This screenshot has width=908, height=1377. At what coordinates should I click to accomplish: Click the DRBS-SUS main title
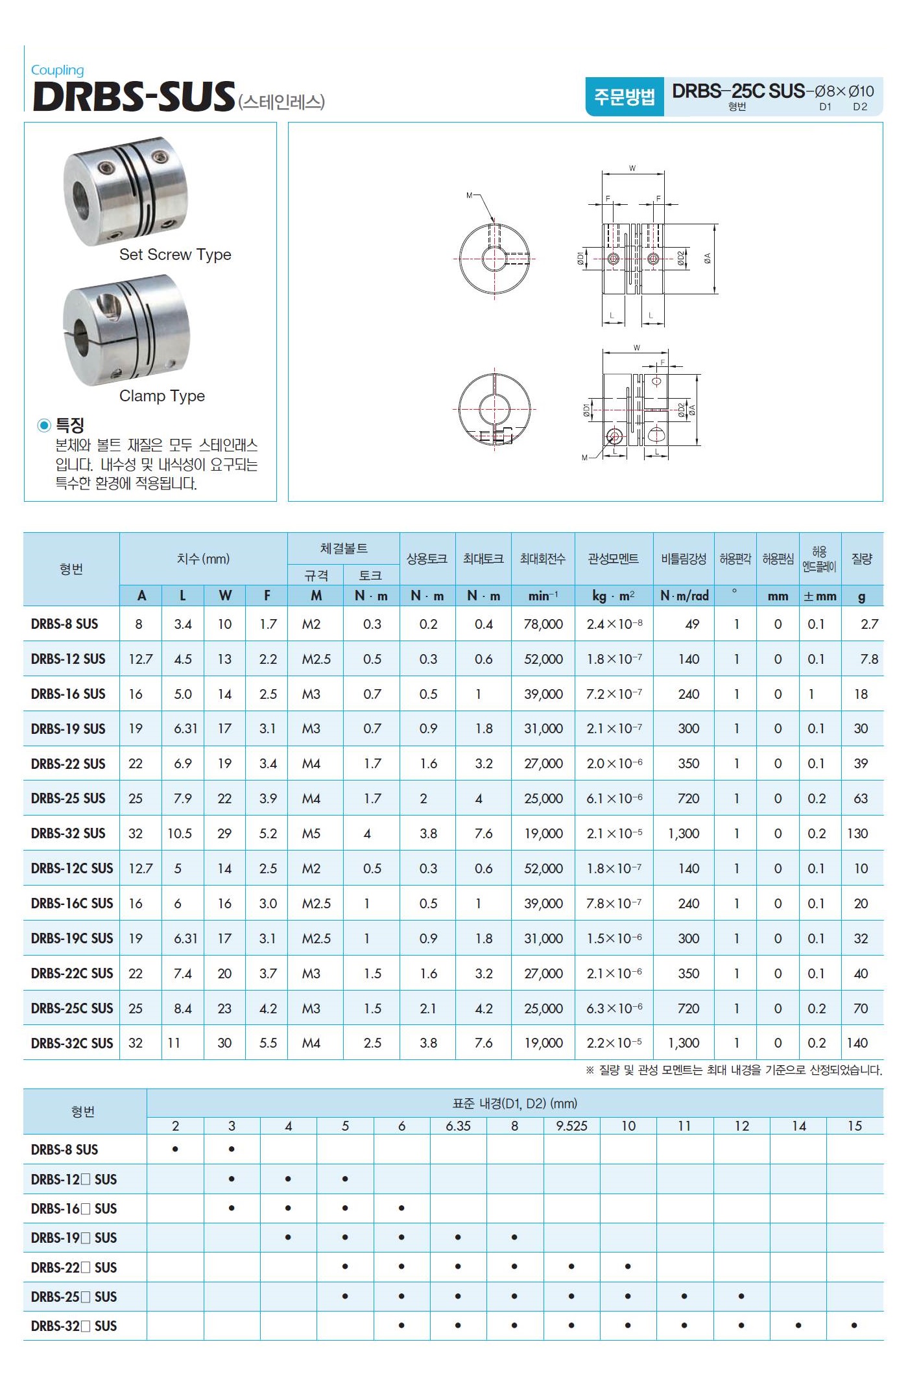coord(133,97)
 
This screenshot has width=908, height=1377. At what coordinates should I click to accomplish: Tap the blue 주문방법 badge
coord(624,97)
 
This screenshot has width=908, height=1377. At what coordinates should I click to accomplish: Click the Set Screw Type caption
coord(175,255)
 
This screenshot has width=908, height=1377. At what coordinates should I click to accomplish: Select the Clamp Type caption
coord(162,396)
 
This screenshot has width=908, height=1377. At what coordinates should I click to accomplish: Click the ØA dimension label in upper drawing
coord(708,258)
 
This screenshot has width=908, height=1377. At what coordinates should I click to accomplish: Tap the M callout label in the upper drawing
coord(470,195)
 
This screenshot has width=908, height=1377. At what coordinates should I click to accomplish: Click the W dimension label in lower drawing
coord(637,348)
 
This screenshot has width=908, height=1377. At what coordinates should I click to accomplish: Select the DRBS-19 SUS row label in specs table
coord(68,729)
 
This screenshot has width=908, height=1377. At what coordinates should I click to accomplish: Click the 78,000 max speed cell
coord(543,624)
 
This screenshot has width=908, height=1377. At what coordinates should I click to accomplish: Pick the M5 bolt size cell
coord(311,834)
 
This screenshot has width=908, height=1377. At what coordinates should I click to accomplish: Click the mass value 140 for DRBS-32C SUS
coord(857,1043)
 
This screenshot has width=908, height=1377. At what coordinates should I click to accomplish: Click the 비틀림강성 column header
coord(683,559)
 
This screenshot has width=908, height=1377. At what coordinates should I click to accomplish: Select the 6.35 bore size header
coord(458,1126)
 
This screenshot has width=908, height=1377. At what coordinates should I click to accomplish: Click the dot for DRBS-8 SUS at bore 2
coord(175,1149)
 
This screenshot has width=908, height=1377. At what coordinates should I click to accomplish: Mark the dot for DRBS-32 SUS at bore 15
coord(854,1326)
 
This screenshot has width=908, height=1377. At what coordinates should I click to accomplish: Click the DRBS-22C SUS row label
coord(72,973)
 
